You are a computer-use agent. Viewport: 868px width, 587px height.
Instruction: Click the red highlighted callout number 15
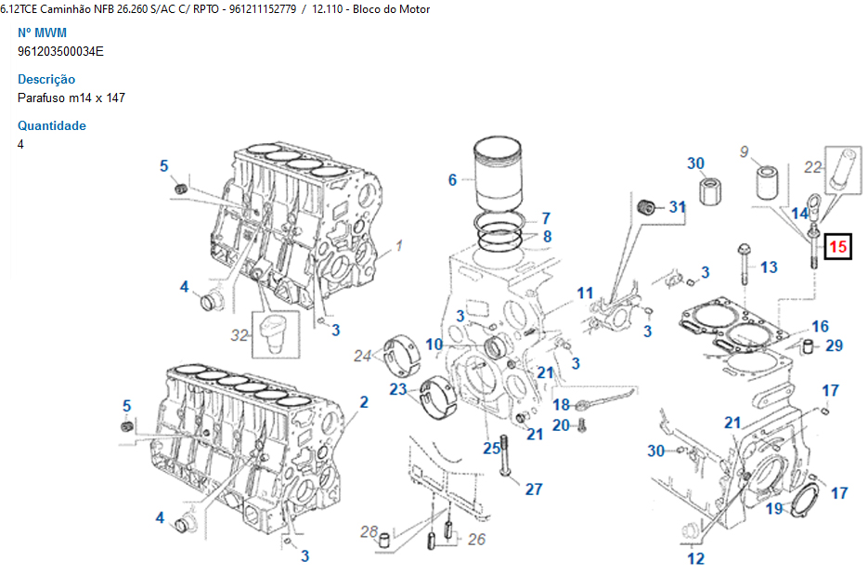coord(838,247)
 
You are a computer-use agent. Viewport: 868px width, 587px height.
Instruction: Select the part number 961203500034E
coord(60,51)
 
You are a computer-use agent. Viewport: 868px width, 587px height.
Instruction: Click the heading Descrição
coord(46,79)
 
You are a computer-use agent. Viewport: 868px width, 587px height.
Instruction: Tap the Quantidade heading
coord(52,125)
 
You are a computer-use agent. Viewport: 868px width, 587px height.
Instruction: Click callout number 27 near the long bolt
coord(534,489)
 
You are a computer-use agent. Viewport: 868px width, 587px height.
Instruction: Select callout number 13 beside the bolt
coord(769,267)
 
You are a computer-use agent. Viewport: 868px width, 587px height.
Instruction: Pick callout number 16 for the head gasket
coord(820,327)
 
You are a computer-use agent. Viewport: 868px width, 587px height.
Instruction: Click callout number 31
coord(677,207)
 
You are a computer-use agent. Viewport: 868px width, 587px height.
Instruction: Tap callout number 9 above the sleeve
coord(744,151)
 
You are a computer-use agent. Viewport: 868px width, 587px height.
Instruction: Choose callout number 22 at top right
coord(813,167)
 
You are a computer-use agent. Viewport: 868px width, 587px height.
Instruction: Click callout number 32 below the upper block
coord(240,335)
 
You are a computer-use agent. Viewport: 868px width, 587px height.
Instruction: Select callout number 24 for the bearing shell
coord(362,355)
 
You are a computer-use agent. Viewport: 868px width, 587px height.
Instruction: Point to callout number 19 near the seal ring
coord(774,508)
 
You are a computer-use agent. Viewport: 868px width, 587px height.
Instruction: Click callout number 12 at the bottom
coord(695,558)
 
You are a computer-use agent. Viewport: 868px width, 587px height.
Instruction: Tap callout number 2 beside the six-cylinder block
coord(364,402)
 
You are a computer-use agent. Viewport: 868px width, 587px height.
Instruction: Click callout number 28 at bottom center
coord(369,531)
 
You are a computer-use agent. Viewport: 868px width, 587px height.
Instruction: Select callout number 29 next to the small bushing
coord(834,346)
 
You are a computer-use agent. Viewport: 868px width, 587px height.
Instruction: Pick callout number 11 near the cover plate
coord(585,293)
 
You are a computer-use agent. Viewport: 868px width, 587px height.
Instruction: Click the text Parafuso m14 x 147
coord(71,98)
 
